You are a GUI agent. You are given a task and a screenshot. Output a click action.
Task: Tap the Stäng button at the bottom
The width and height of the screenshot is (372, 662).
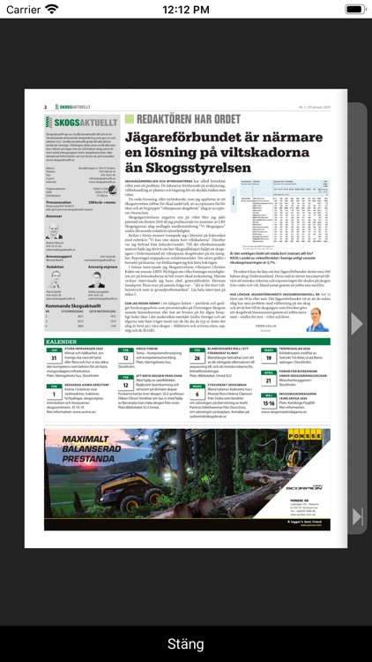pos(185,643)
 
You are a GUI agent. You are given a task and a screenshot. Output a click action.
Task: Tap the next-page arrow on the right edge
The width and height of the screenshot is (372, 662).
pos(356,324)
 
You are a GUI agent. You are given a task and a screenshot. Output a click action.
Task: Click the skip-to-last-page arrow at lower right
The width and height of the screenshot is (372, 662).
pos(356,515)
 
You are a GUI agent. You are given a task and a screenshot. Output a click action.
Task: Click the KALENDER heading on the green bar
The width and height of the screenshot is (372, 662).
pos(61,341)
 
